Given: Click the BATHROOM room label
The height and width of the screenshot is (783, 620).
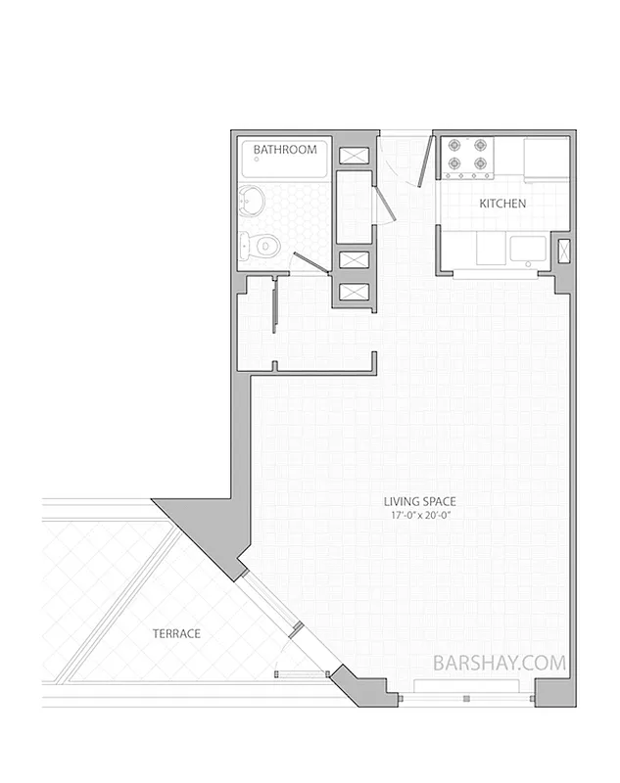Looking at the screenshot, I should tap(285, 150).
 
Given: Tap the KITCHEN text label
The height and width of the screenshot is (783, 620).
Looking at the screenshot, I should tap(502, 205).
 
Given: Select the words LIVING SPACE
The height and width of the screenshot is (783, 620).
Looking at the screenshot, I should tap(419, 502).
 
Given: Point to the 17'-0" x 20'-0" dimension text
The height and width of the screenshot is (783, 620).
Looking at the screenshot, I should tap(419, 515).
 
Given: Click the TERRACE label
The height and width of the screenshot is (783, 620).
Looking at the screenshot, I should tap(176, 634).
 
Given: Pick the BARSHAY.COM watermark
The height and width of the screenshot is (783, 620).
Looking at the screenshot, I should tap(500, 663).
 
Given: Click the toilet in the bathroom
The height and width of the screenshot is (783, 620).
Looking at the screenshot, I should tap(261, 245).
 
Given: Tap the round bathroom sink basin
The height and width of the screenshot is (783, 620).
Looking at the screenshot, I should tap(252, 202).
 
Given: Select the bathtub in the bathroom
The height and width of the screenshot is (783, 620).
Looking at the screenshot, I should tap(285, 158).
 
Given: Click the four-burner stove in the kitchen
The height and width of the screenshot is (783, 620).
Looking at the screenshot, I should tap(467, 157).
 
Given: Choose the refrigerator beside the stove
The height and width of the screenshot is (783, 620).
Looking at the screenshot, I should tap(547, 160).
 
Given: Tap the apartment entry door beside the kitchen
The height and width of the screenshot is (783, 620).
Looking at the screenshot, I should tap(425, 161).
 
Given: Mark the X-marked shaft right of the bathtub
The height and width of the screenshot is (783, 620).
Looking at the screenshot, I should tap(354, 155).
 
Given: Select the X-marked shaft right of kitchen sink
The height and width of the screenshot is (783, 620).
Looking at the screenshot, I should tap(564, 250).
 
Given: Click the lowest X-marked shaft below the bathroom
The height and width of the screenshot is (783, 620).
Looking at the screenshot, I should tap(354, 292).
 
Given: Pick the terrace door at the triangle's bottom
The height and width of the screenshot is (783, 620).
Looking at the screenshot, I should tap(301, 673).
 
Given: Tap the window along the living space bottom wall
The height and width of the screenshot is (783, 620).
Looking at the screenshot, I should tap(467, 699).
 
